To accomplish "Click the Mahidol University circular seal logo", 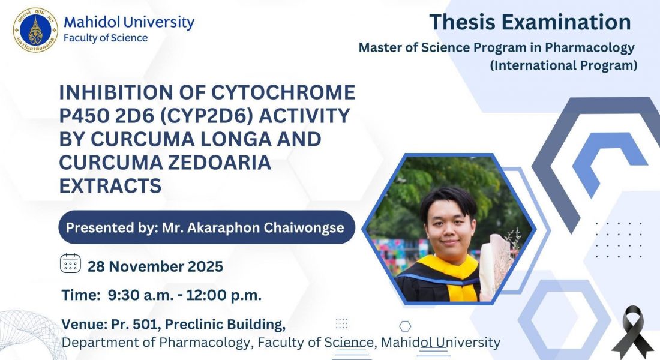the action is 35,31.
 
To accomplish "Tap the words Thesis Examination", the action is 530,22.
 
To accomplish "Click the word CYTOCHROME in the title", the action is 283,92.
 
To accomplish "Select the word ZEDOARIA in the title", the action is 219,163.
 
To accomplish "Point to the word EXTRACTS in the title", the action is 110,185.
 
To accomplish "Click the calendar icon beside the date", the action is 70,263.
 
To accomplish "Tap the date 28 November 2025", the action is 155,266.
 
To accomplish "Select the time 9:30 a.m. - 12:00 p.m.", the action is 184,295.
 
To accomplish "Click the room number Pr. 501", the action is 136,324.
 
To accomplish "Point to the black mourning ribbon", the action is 633,332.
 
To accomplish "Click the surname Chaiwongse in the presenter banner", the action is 304,227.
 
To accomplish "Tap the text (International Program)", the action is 563,65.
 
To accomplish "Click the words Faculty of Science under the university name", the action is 106,38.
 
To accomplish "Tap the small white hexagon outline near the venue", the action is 405,326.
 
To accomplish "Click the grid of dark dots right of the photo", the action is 619,240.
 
